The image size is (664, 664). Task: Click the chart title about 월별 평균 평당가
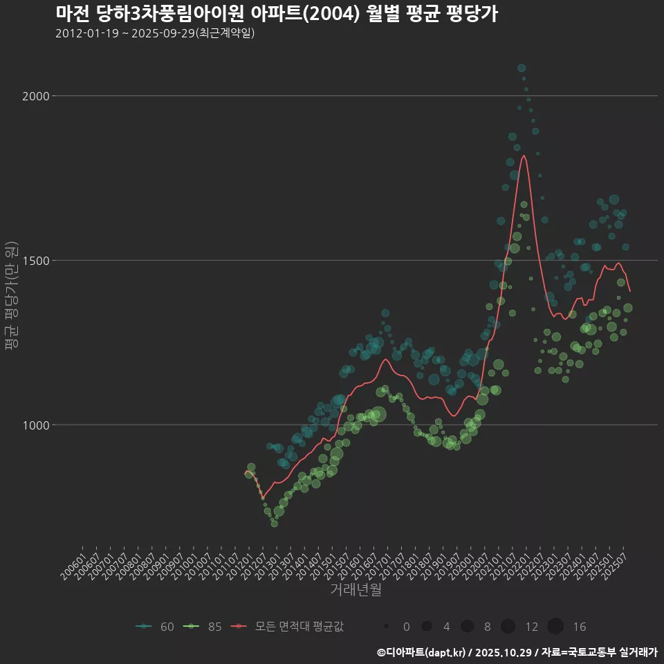tap(277, 14)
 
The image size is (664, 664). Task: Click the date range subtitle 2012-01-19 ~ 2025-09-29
tap(156, 33)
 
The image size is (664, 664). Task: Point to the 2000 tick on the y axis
tap(36, 96)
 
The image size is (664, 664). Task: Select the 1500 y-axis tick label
tap(36, 261)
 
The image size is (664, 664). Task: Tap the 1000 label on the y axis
tap(36, 425)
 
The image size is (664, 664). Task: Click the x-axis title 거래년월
tap(356, 590)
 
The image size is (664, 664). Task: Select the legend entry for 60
tap(156, 627)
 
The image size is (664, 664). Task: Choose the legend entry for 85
tap(203, 627)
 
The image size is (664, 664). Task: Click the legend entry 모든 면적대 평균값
tap(290, 627)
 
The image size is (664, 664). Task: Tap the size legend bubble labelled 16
tap(555, 627)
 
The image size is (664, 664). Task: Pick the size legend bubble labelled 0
tap(386, 627)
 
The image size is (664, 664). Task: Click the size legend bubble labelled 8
tap(468, 627)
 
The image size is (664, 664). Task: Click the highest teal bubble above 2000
tap(522, 68)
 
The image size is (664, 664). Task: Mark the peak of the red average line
tap(524, 156)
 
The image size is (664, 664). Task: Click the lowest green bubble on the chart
tap(275, 524)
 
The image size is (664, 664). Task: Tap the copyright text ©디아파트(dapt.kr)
tap(422, 652)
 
